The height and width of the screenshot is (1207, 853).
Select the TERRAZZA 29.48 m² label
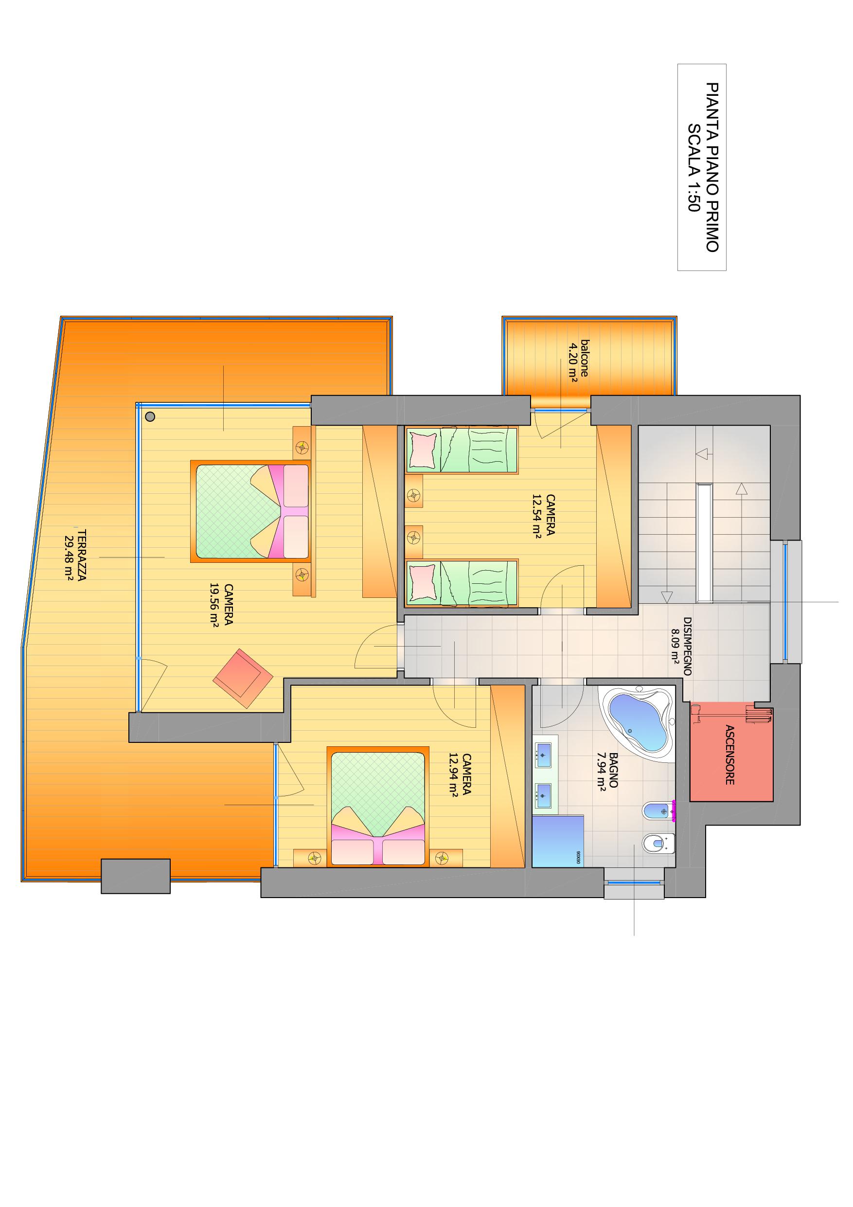(x=74, y=555)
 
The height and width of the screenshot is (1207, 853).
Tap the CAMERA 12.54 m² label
(x=543, y=516)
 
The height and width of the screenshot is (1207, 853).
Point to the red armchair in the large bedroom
(x=243, y=678)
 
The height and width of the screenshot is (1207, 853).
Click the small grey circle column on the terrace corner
(x=150, y=417)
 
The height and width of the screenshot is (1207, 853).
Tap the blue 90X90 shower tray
(x=558, y=841)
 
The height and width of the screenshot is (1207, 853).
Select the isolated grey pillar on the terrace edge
(x=136, y=876)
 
